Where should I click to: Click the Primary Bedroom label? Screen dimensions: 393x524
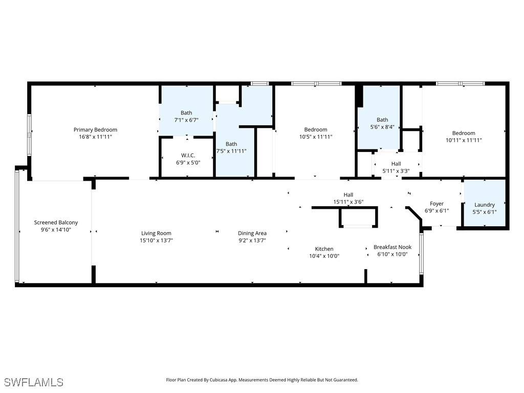click(x=95, y=130)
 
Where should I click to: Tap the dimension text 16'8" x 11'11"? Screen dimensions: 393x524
click(x=95, y=137)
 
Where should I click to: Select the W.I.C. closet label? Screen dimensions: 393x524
click(x=188, y=155)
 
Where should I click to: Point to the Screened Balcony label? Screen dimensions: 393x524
click(x=56, y=223)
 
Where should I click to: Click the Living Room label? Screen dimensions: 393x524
click(x=156, y=233)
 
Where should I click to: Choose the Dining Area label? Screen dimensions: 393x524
click(x=252, y=233)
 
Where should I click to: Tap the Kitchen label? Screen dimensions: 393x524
click(x=324, y=249)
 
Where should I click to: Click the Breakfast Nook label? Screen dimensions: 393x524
click(x=392, y=247)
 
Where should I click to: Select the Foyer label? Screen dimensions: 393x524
click(x=436, y=204)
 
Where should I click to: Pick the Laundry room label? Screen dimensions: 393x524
click(x=484, y=205)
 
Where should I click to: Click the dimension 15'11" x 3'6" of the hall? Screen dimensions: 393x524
click(x=348, y=202)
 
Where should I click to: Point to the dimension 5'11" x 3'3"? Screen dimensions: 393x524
click(x=396, y=171)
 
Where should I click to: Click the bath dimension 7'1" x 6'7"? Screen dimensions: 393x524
click(x=186, y=120)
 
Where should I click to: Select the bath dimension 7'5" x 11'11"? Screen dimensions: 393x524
click(x=231, y=151)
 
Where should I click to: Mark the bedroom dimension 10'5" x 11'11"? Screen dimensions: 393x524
click(x=315, y=137)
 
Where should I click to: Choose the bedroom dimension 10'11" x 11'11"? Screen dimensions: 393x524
click(x=463, y=140)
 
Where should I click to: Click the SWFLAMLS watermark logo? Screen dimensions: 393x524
click(x=34, y=382)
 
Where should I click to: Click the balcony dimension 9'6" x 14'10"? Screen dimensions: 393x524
click(x=56, y=230)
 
